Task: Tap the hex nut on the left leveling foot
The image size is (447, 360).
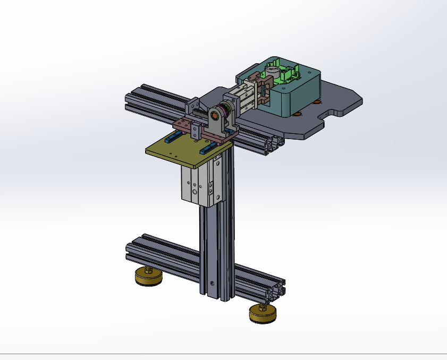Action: [149, 271]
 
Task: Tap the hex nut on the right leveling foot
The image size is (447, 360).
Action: [263, 307]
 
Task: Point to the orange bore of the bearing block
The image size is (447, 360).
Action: [215, 115]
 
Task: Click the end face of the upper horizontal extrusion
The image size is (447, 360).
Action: [273, 144]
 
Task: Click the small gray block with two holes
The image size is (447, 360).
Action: [197, 130]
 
